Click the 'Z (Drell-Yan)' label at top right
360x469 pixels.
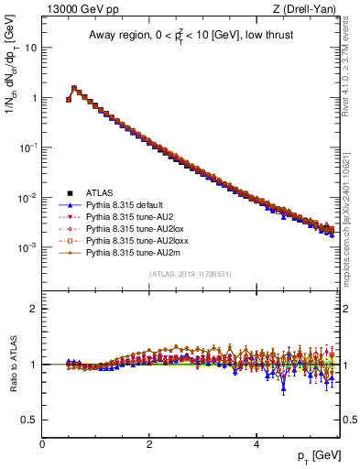pyautogui.click(x=307, y=10)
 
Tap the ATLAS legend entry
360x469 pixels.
pyautogui.click(x=99, y=193)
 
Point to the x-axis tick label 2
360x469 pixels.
pyautogui.click(x=149, y=444)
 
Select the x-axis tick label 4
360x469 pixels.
pyautogui.click(x=256, y=444)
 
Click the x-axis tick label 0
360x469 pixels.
pyautogui.click(x=42, y=444)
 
